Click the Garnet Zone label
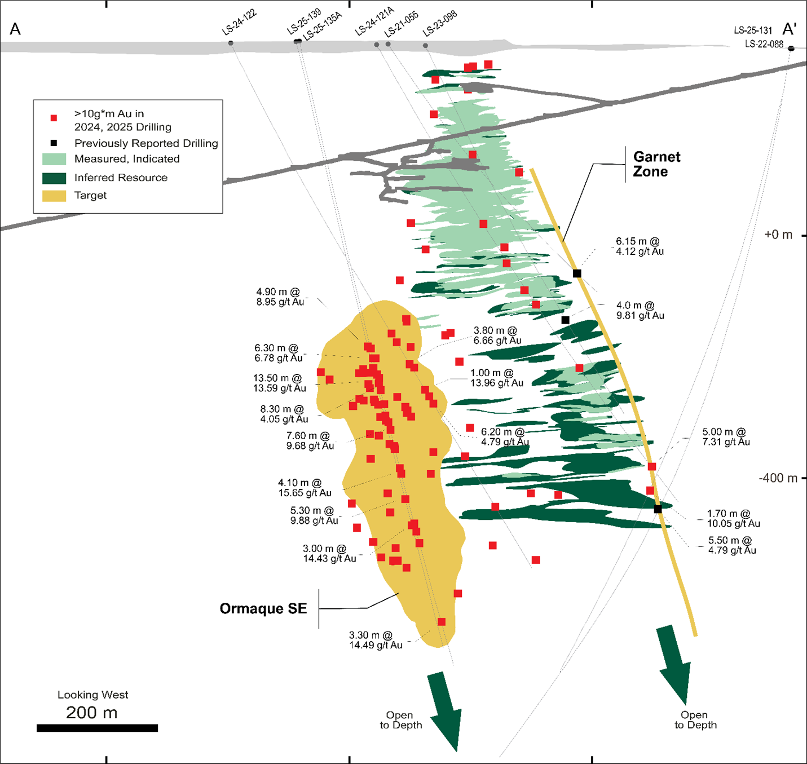(656, 164)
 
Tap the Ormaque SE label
(263, 608)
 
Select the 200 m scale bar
(97, 728)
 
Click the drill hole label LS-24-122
(239, 23)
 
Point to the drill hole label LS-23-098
(440, 23)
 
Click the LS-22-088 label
(764, 44)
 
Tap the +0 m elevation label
(778, 235)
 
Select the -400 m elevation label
(778, 478)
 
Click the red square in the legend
(54, 118)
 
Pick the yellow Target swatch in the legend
(54, 196)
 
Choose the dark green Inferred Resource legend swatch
(54, 178)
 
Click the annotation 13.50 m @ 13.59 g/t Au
(279, 383)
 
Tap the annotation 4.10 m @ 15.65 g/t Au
(305, 488)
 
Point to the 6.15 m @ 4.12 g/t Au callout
(640, 246)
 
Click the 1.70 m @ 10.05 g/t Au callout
(733, 518)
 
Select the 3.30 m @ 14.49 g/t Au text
(376, 640)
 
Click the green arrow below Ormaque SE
(447, 710)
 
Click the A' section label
(790, 29)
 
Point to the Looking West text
(93, 695)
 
